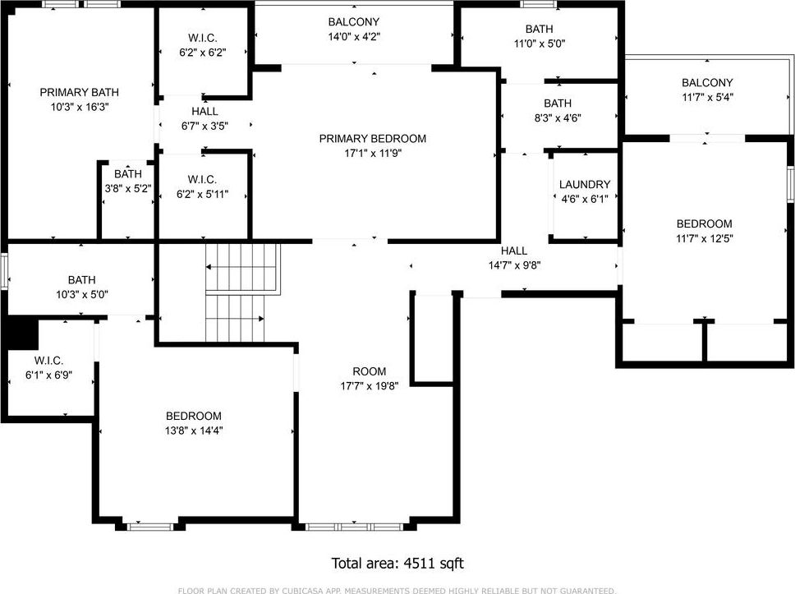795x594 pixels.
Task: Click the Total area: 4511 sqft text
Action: click(x=397, y=564)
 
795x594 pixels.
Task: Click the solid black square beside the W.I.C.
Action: click(x=21, y=333)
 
